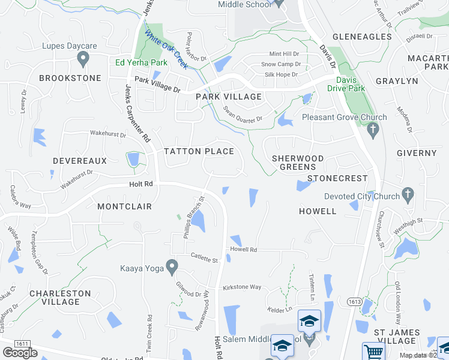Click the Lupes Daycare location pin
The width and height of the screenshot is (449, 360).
tap(83, 58)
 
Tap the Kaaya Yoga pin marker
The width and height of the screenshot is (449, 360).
tap(172, 265)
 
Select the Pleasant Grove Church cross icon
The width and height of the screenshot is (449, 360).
tap(373, 129)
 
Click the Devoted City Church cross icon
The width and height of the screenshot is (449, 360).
tap(408, 194)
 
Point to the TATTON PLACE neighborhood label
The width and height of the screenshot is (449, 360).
tap(199, 152)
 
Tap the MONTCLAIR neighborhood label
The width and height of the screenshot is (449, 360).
tap(124, 206)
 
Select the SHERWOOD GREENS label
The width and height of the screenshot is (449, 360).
tap(298, 163)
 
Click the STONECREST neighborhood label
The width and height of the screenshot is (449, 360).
tap(337, 179)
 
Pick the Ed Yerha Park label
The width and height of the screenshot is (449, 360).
tap(141, 62)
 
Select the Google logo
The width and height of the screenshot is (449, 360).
tap(20, 352)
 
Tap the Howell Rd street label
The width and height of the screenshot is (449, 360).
tap(243, 250)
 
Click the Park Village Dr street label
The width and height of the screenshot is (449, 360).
tap(157, 85)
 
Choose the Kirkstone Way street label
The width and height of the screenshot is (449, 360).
tap(241, 287)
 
